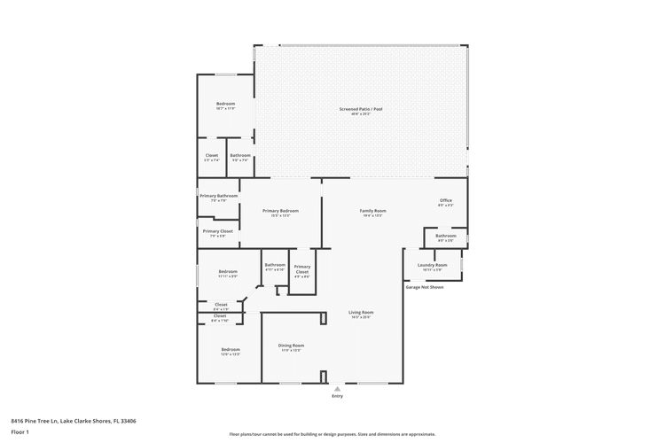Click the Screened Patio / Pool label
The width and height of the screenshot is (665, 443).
pos(360,109)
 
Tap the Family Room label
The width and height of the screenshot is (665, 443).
pos(372,211)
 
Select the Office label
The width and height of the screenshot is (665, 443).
pos(446,200)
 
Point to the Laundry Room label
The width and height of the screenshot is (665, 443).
pos(432,265)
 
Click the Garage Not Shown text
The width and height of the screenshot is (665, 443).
pos(424,287)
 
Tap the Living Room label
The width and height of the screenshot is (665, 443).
pos(360,313)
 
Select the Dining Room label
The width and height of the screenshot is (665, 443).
pos(292,346)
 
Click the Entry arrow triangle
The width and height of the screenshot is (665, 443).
pos(337,388)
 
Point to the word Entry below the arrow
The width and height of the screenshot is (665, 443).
pos(337,396)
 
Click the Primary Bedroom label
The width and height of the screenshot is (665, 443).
pos(280,211)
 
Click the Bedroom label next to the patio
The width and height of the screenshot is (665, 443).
pos(225,104)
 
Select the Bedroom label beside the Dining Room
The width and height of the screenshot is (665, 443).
pos(231,349)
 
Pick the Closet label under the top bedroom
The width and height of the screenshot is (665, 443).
pos(212,155)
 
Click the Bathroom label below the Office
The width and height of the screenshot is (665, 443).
pos(445,236)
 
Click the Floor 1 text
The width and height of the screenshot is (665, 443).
pos(20,431)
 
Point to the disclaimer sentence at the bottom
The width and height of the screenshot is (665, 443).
pos(332,434)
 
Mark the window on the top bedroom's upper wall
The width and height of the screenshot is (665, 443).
pos(226,74)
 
